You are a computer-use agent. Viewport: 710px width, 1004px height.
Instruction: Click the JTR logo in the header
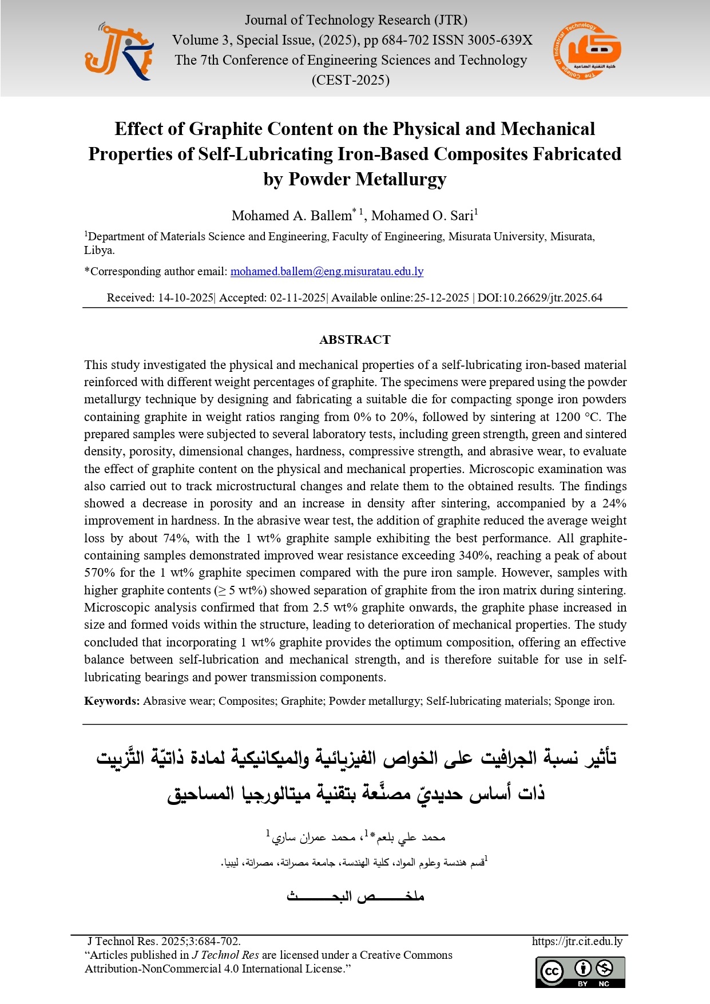[119, 52]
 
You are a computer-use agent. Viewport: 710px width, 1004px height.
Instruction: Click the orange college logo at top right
[587, 51]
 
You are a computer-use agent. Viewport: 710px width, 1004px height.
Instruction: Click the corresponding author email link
[327, 271]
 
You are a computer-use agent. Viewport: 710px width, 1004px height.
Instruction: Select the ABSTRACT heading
[355, 340]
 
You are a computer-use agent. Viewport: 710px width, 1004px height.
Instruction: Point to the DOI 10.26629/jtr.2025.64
[552, 297]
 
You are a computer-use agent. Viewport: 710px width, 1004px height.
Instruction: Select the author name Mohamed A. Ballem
[291, 216]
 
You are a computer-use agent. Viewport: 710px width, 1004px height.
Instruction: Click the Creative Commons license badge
[580, 972]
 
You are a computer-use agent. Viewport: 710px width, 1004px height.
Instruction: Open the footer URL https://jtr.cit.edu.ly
[577, 941]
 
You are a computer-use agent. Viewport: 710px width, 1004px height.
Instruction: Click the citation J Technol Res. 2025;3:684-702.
[164, 941]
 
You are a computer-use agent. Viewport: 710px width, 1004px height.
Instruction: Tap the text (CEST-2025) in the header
[350, 80]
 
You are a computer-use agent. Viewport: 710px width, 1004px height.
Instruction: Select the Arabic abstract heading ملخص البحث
[355, 896]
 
